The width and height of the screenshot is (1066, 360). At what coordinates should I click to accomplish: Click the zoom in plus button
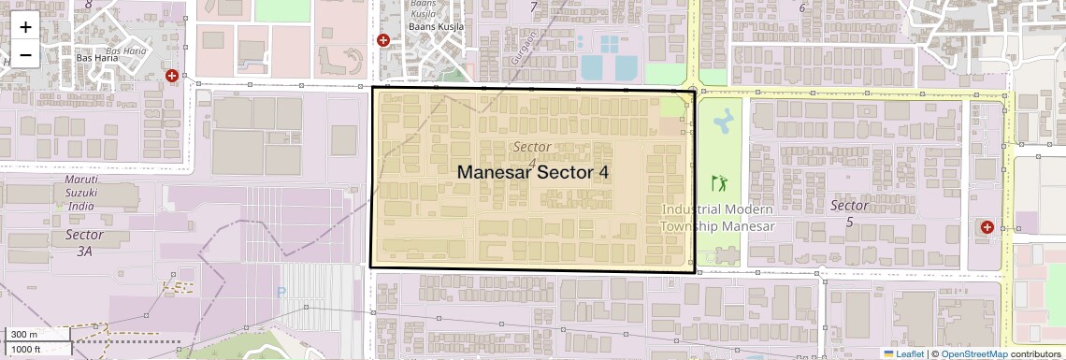25,26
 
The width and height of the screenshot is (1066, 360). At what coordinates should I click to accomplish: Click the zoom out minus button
25,54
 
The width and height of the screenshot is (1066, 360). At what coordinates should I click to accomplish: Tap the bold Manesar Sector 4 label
533,173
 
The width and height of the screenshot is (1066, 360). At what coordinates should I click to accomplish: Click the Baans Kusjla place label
436,27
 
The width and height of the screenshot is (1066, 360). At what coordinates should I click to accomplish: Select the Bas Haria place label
96,57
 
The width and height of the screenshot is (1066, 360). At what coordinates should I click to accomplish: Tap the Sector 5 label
849,213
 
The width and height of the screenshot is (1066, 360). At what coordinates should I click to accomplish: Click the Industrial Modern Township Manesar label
717,217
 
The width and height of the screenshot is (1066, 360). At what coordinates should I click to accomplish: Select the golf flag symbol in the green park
718,182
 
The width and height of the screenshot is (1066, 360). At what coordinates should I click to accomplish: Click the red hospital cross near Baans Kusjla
382,40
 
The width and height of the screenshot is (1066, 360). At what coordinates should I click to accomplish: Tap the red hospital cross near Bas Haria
171,75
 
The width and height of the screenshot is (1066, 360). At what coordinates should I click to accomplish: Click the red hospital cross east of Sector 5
987,226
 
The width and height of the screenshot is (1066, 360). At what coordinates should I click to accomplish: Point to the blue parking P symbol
281,292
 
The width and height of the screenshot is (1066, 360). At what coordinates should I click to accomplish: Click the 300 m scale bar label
24,335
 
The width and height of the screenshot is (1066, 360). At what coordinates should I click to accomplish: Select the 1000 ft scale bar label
28,349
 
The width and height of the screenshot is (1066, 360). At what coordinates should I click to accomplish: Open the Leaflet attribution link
903,354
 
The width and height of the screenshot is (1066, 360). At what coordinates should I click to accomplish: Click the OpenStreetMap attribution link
973,354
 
